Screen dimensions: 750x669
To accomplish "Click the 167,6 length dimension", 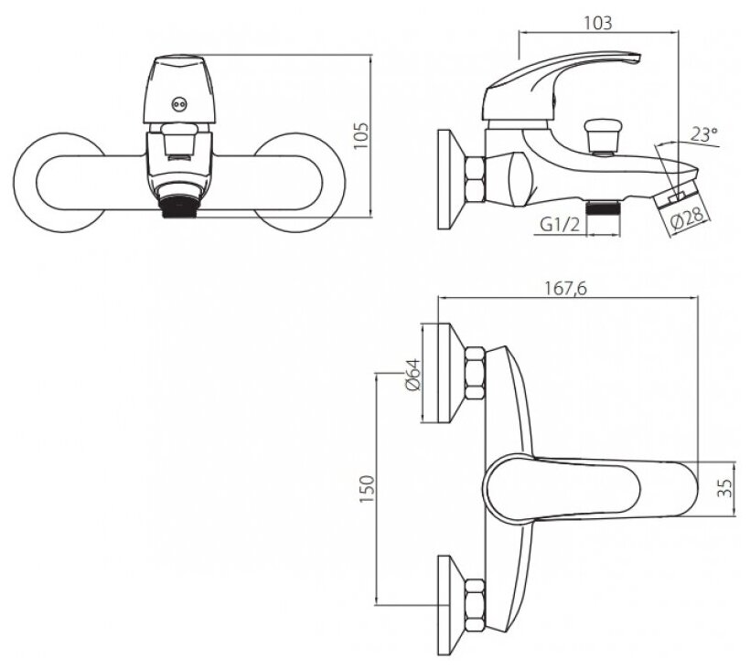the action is [x=568, y=288].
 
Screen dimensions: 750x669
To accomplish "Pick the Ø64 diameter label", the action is [x=412, y=374].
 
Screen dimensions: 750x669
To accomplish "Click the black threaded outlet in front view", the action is [x=180, y=209].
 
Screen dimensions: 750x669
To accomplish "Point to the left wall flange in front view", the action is [x=55, y=178].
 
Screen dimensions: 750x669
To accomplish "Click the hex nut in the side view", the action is [x=477, y=179].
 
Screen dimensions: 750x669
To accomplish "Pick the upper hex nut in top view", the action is [x=477, y=373].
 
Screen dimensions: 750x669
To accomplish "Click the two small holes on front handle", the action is [x=179, y=104].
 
